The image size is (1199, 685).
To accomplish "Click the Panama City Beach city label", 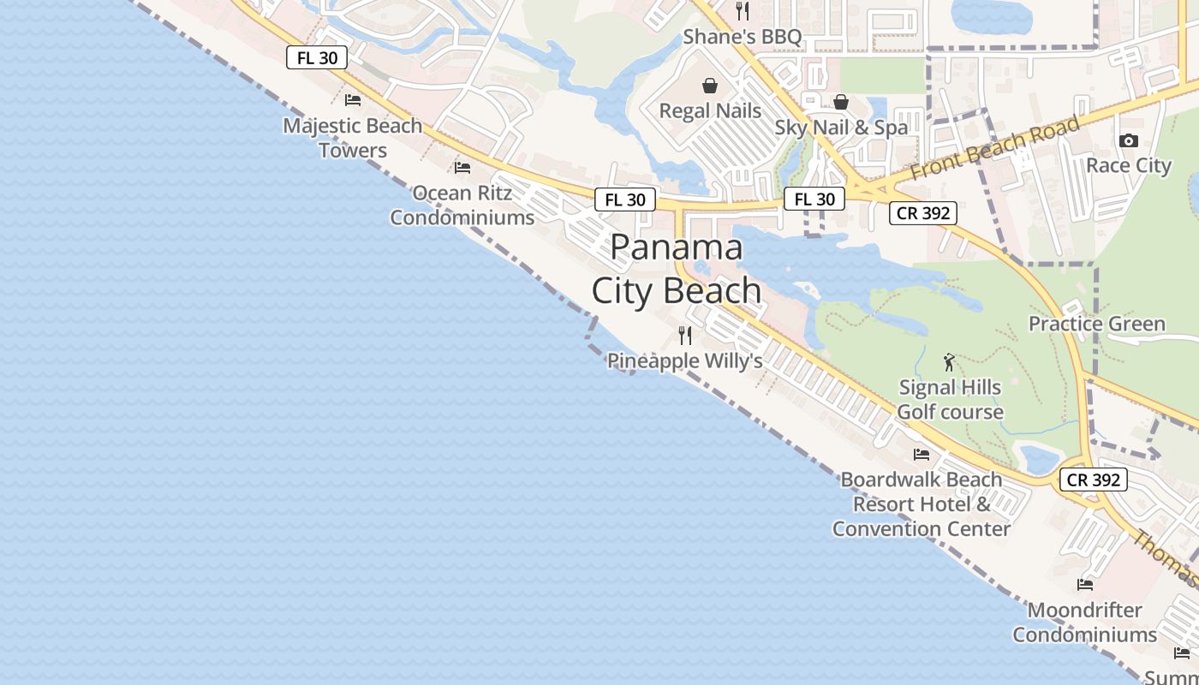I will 677,269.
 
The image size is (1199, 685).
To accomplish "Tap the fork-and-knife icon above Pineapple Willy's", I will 684,335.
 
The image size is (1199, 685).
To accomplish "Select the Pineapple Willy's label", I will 684,360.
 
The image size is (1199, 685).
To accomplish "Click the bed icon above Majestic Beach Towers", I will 353,99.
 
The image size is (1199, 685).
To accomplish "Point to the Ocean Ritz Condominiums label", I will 462,205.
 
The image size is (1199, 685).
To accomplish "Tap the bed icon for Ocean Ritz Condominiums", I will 462,167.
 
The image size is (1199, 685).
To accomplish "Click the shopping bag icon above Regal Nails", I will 710,86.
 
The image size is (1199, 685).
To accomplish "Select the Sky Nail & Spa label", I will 841,128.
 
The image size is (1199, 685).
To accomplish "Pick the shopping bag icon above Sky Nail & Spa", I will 841,102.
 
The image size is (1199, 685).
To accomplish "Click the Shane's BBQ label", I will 742,37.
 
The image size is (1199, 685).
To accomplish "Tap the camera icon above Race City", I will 1128,140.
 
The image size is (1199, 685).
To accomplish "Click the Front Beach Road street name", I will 994,148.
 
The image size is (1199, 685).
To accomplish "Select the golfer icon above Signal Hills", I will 949,362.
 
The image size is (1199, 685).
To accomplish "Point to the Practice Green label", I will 1096,324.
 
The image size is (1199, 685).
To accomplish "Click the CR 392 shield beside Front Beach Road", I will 922,213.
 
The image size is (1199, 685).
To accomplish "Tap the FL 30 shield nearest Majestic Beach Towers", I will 317,58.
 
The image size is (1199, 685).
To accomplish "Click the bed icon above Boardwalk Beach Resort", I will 921,454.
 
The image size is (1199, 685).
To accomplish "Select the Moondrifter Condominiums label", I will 1084,622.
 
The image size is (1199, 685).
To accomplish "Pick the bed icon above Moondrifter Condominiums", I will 1084,585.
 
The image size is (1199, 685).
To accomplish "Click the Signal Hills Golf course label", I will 950,400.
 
